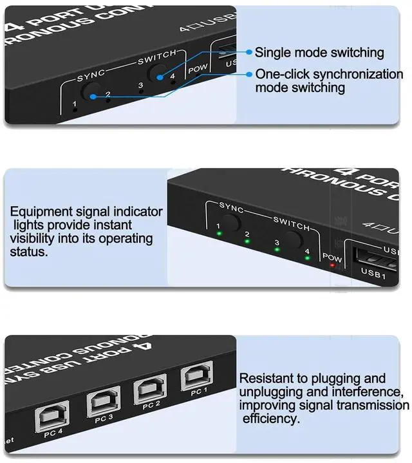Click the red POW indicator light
click(332, 266)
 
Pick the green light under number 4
click(307, 258)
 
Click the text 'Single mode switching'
click(319, 53)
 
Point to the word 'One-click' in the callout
click(280, 74)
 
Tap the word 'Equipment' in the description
click(39, 212)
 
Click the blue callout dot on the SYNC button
click(93, 97)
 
